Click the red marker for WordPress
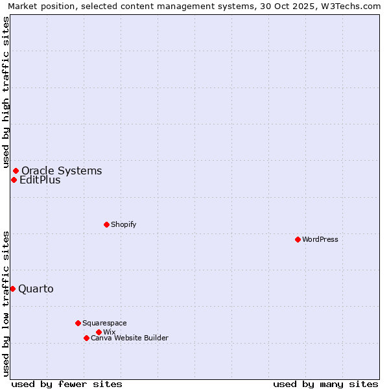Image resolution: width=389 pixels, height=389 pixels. click(x=298, y=239)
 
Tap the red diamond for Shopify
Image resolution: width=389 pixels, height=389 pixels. click(x=106, y=224)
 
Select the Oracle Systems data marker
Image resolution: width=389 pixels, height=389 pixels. click(x=16, y=171)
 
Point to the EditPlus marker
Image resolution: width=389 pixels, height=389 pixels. click(x=14, y=180)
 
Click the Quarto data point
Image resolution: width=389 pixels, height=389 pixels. click(x=12, y=289)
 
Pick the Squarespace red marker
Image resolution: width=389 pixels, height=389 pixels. click(x=78, y=323)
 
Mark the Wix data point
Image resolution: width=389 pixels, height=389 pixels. click(x=99, y=332)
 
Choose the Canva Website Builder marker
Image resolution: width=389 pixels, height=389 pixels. click(x=86, y=338)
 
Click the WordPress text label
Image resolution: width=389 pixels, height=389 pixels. click(x=320, y=239)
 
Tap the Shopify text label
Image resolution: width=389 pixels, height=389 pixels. click(x=123, y=224)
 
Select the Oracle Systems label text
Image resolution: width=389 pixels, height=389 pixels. click(x=62, y=171)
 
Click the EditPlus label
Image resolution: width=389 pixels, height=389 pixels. click(x=40, y=180)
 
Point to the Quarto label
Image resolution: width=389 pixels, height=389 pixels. click(x=36, y=289)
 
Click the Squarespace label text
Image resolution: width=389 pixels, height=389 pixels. click(x=104, y=323)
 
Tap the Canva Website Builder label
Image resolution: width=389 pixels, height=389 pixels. click(x=130, y=338)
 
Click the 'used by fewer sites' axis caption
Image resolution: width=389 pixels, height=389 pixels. click(x=67, y=384)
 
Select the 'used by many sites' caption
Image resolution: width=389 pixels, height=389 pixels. click(x=325, y=384)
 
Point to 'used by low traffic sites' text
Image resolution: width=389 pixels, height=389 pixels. click(x=6, y=303)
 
